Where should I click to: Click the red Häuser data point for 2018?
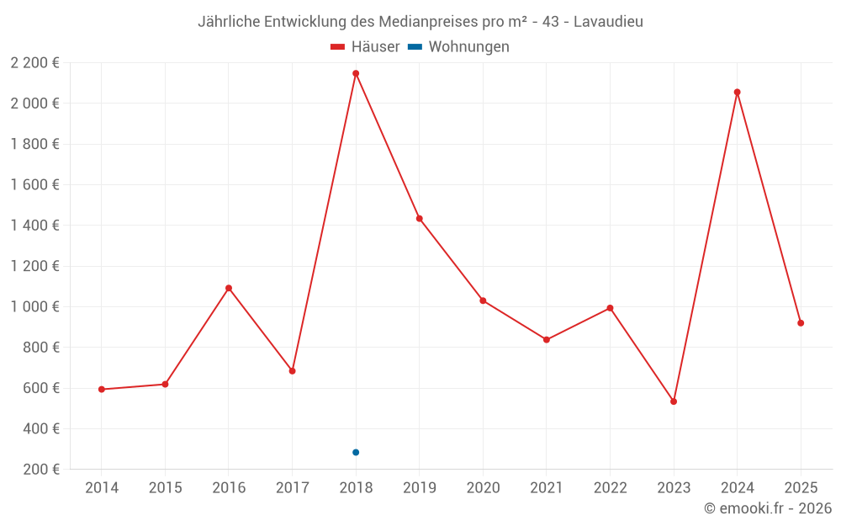(356, 73)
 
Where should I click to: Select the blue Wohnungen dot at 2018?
(356, 453)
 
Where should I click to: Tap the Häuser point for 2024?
(738, 93)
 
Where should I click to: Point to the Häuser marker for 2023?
(674, 401)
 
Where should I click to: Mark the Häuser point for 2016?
(229, 288)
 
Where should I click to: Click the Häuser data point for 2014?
(102, 390)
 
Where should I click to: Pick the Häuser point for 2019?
(420, 219)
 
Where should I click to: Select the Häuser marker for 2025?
(801, 323)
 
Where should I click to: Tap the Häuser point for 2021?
(547, 340)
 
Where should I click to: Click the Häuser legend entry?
(365, 47)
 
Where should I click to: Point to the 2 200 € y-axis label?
(35, 63)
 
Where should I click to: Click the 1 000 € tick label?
(35, 307)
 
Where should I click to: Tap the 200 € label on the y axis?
(40, 470)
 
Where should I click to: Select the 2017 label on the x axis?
(292, 488)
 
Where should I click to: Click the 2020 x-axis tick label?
(483, 488)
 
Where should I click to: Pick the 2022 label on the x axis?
(610, 488)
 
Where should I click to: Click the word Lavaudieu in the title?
(608, 22)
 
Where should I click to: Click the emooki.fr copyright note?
(768, 508)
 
